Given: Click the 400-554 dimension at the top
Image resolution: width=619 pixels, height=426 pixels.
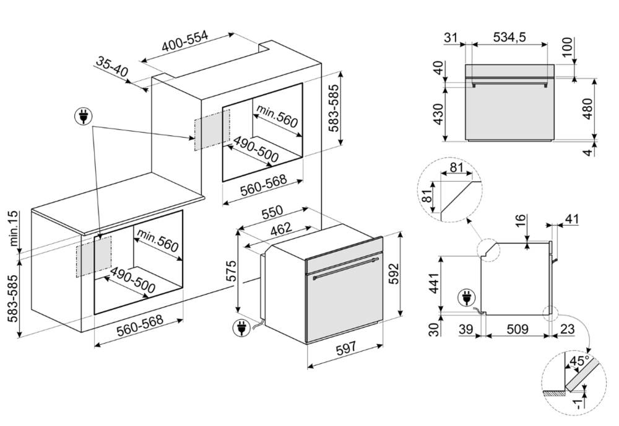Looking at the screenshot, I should (x=186, y=45).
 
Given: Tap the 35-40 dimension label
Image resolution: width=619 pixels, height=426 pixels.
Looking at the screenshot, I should (x=111, y=66).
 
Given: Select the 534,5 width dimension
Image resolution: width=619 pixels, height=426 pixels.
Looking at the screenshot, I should (x=509, y=38).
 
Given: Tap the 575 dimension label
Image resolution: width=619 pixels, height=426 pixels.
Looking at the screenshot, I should (x=230, y=271).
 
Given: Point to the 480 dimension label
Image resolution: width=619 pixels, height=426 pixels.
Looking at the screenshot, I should (x=605, y=110).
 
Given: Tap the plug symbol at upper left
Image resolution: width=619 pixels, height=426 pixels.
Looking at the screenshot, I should (x=82, y=116).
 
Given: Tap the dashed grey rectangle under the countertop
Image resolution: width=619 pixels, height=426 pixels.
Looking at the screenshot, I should (x=93, y=255).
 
